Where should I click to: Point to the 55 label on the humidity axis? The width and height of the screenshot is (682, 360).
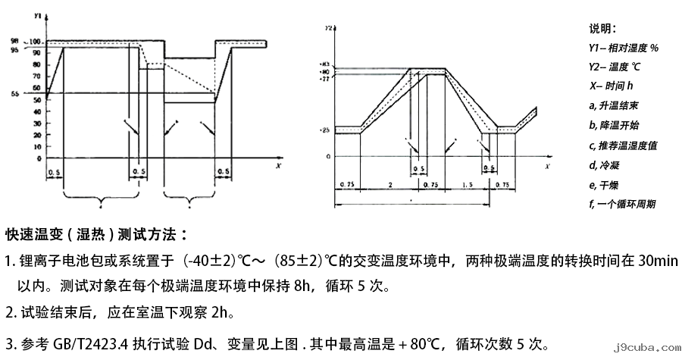36,94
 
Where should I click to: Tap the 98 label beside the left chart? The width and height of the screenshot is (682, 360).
35,39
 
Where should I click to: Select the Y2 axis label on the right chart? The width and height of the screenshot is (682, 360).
329,28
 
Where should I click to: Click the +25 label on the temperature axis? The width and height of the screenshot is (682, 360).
324,131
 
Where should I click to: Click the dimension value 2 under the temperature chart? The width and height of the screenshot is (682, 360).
389,185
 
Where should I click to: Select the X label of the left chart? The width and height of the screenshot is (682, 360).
278,164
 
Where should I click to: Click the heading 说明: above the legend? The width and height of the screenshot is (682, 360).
604,29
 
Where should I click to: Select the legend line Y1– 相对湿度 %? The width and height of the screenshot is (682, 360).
623,48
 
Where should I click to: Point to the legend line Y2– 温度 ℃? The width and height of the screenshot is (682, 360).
616,67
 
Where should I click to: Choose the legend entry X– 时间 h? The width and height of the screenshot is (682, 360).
611,86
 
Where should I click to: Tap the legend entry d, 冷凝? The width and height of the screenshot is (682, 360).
604,164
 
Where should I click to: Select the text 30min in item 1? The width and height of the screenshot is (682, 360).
657,261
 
